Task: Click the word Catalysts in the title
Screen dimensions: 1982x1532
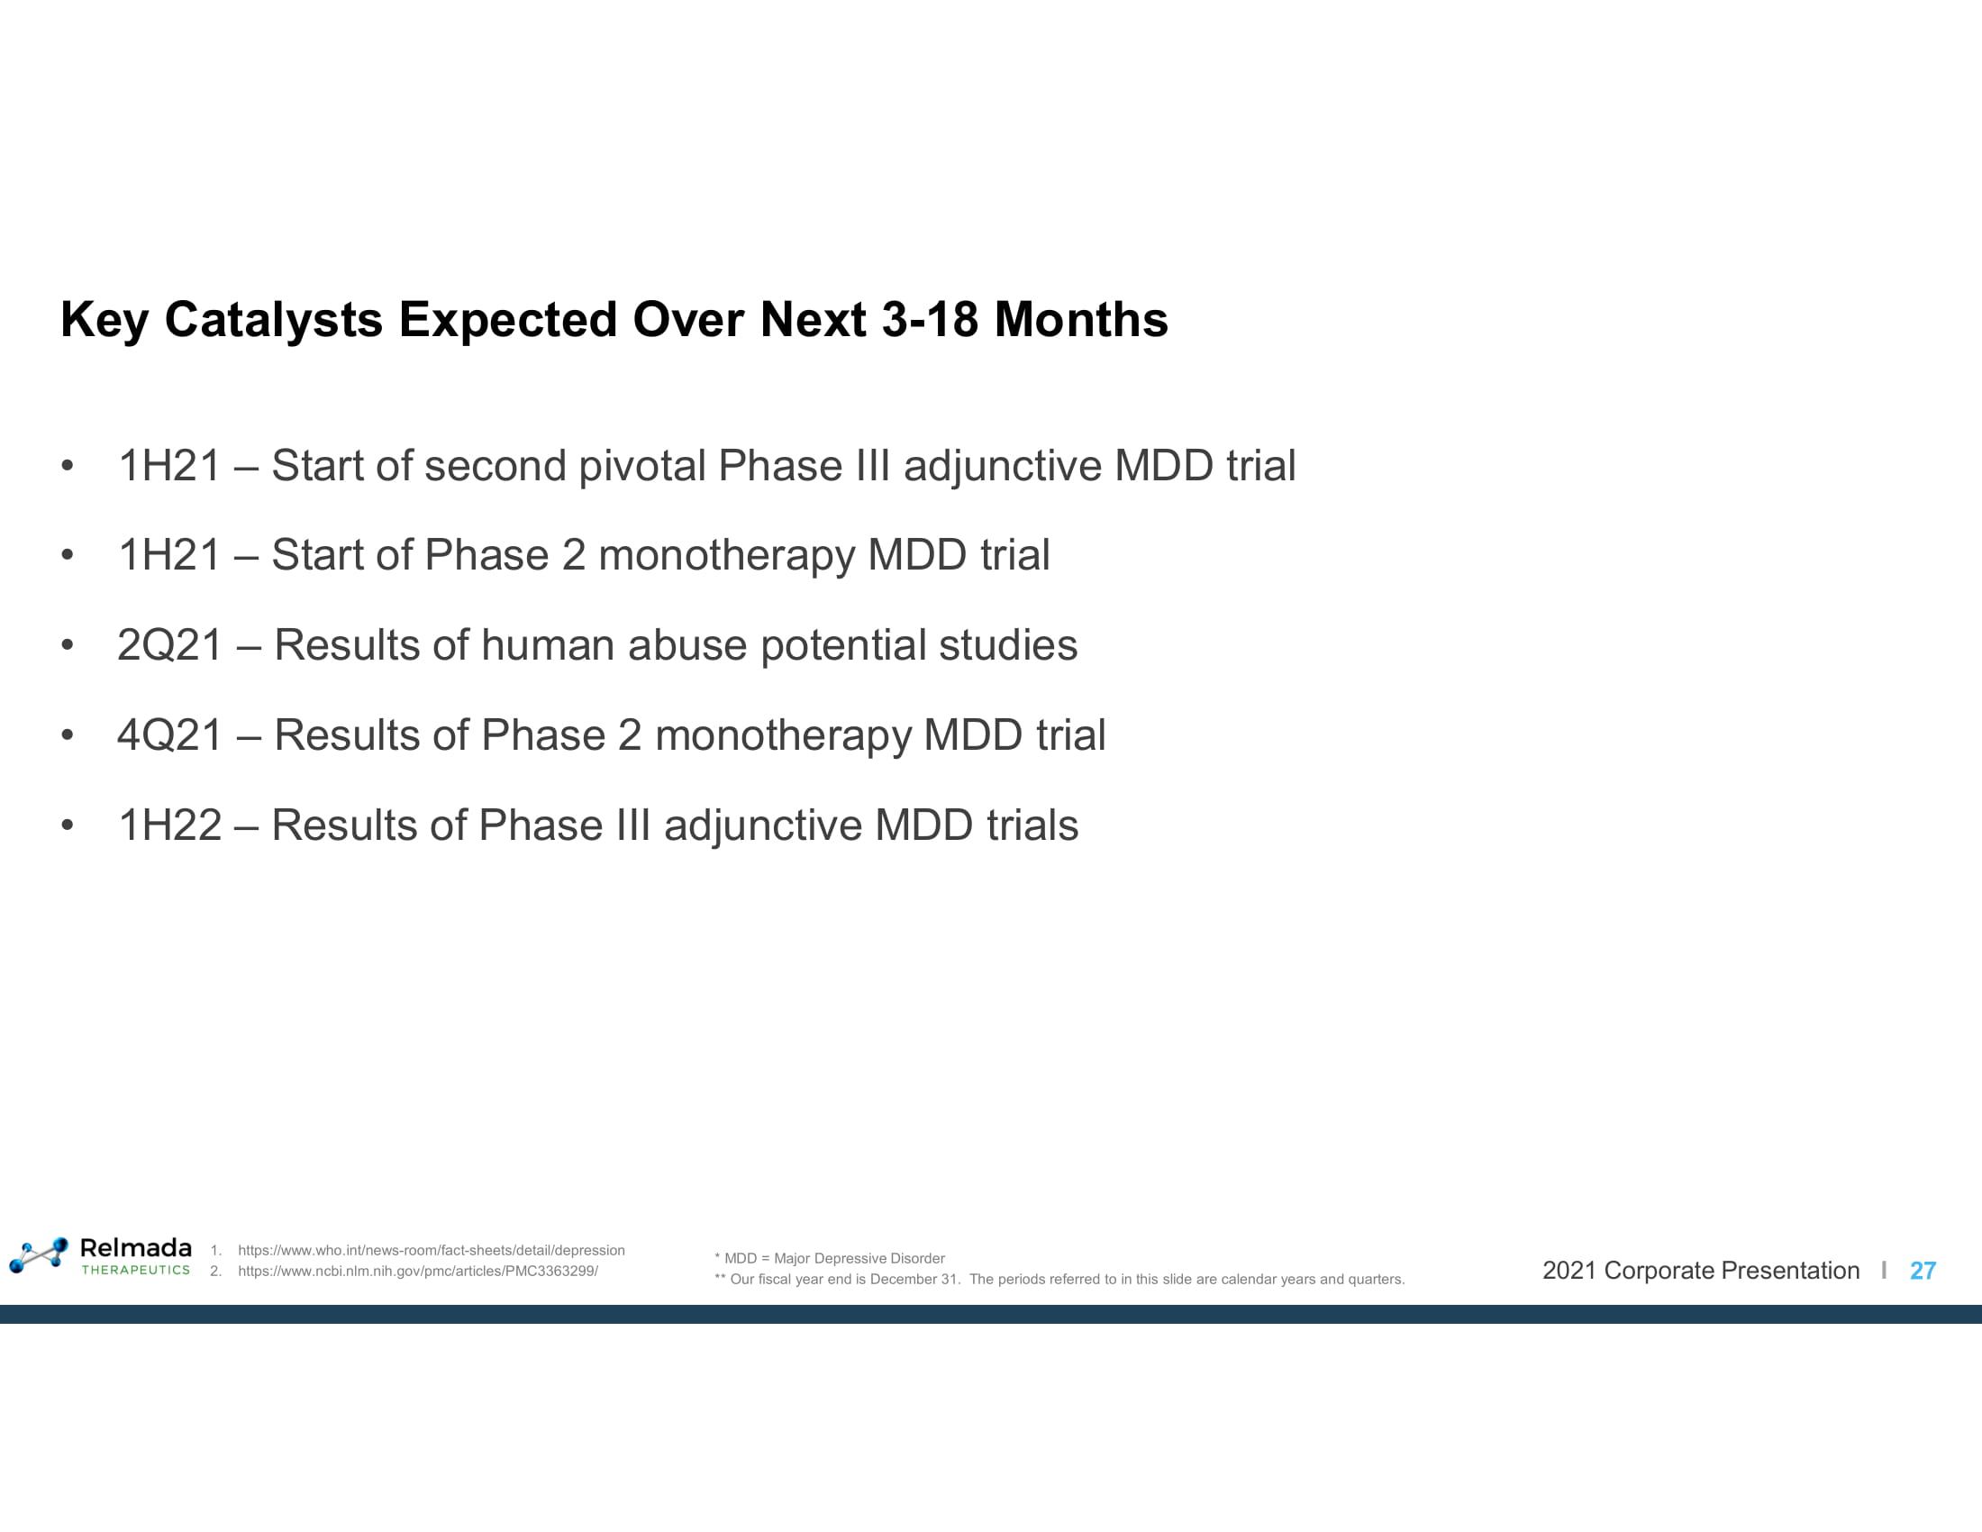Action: (x=273, y=321)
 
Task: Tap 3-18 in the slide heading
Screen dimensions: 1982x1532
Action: (x=930, y=320)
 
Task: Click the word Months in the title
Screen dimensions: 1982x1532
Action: (x=1081, y=320)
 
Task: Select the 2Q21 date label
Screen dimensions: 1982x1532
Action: (x=169, y=645)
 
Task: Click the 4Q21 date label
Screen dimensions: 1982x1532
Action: (x=169, y=735)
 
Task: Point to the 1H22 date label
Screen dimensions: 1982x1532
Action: (x=169, y=825)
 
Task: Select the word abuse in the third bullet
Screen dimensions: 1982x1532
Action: (x=687, y=645)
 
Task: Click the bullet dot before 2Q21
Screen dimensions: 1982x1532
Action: (x=68, y=645)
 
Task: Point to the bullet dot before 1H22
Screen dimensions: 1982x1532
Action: (x=68, y=825)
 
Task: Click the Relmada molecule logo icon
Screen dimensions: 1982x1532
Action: (x=39, y=1254)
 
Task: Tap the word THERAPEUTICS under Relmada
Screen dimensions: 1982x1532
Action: (x=136, y=1270)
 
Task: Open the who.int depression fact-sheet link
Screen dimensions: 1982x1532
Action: (x=431, y=1250)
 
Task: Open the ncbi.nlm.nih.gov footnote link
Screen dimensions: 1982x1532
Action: (x=417, y=1271)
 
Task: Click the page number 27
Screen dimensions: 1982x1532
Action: (x=1923, y=1271)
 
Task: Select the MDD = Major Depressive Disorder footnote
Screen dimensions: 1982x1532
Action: (x=830, y=1258)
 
